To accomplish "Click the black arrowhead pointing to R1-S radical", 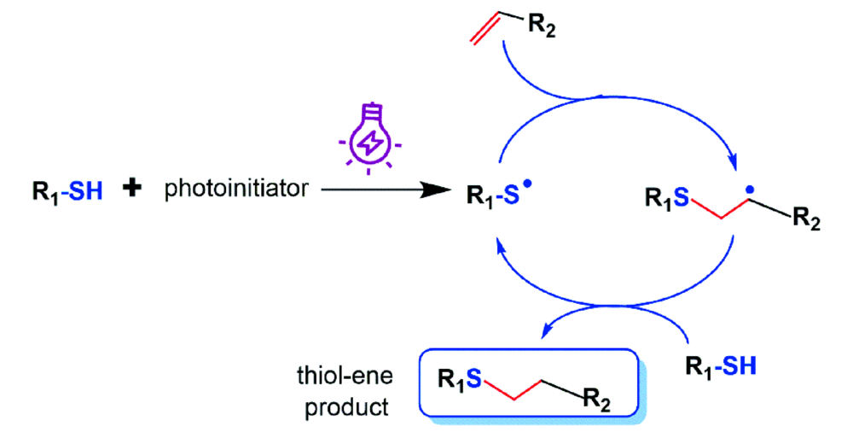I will click(x=439, y=190).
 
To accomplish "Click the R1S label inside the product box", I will click(x=461, y=377).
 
